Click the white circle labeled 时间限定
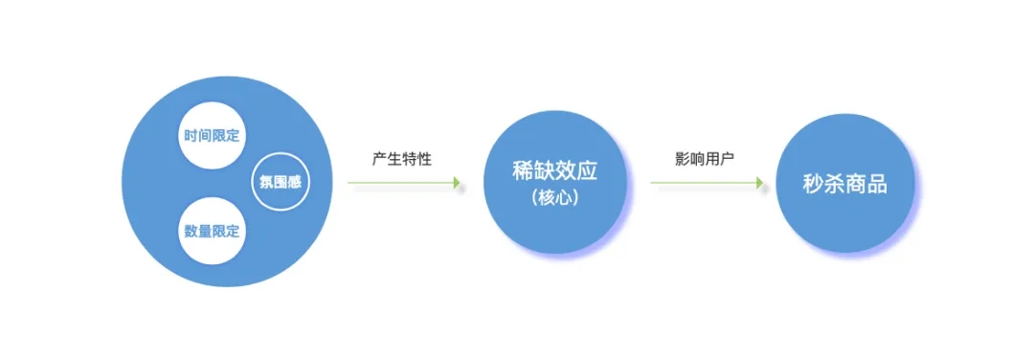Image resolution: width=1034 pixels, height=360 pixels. coord(213,135)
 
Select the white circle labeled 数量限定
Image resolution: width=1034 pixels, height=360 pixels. coord(213,231)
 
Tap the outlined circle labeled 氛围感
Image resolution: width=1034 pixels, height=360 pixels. coord(280,182)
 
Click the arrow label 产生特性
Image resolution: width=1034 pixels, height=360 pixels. coord(402,159)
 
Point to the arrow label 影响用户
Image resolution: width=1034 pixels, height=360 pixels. coord(705,159)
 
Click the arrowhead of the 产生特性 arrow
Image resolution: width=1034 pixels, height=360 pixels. coord(458,184)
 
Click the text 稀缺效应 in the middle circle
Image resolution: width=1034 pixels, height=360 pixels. coord(554,171)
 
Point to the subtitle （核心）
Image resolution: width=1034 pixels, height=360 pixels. coord(554,200)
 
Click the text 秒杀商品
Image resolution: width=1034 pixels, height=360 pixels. coord(844,185)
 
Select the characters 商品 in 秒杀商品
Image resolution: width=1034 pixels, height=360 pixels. coord(865,185)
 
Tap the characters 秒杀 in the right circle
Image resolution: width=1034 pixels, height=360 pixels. coord(823,185)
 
